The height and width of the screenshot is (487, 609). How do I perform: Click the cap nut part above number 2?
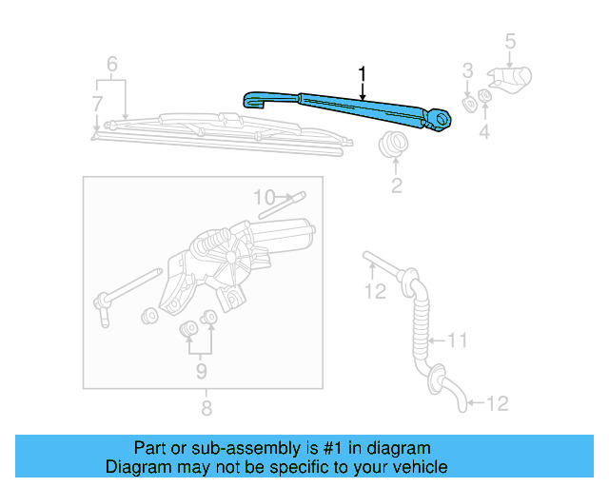point(391,146)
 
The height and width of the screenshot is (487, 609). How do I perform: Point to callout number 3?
point(467,70)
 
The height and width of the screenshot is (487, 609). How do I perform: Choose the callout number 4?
point(484,132)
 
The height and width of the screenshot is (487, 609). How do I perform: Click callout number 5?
point(509,41)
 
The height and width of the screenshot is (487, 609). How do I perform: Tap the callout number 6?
point(111,65)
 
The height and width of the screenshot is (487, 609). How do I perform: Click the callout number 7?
point(96,103)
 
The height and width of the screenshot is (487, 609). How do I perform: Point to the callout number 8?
point(206,408)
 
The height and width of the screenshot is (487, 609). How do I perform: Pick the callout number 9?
point(201,370)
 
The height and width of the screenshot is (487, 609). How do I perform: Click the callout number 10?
point(264,197)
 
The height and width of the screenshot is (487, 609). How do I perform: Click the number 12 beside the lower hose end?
point(497,403)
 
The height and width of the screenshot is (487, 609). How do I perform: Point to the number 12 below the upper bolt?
point(376,291)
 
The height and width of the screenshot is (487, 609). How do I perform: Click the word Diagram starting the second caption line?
point(137,467)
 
